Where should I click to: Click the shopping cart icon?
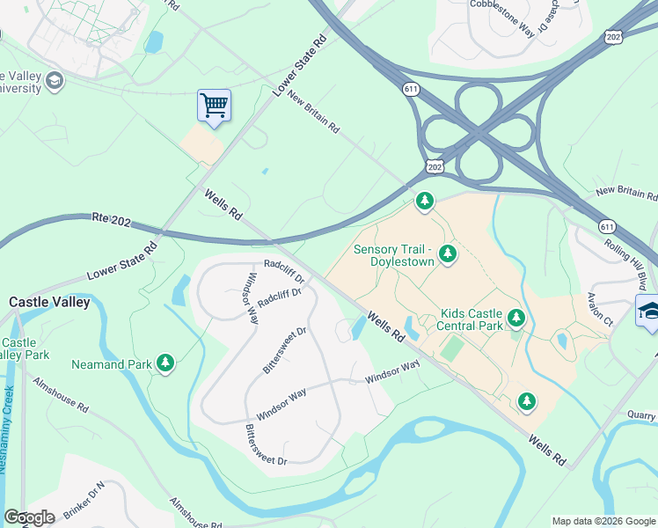coord(214,106)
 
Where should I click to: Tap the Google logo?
coord(29,517)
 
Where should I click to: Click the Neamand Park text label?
coord(112,363)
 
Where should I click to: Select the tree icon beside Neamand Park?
coord(165,362)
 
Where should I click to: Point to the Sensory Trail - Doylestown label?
coord(394,256)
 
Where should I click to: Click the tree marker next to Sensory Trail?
coord(448,254)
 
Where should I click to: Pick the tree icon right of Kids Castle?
coord(515,318)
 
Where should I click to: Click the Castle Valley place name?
coord(49,302)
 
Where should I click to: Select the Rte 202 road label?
coord(111,221)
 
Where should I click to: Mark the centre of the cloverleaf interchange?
coord(478,134)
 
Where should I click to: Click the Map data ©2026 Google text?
coord(603,521)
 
